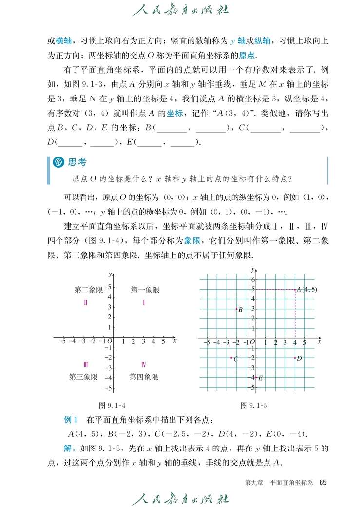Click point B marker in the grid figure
[236, 309]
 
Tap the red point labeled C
[231, 358]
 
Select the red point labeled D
[295, 358]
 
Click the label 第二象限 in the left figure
[89, 290]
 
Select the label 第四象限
[144, 377]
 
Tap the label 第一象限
[145, 290]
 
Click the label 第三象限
[83, 377]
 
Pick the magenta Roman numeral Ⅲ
[85, 364]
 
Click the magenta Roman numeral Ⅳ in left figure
[144, 364]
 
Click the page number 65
[323, 482]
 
